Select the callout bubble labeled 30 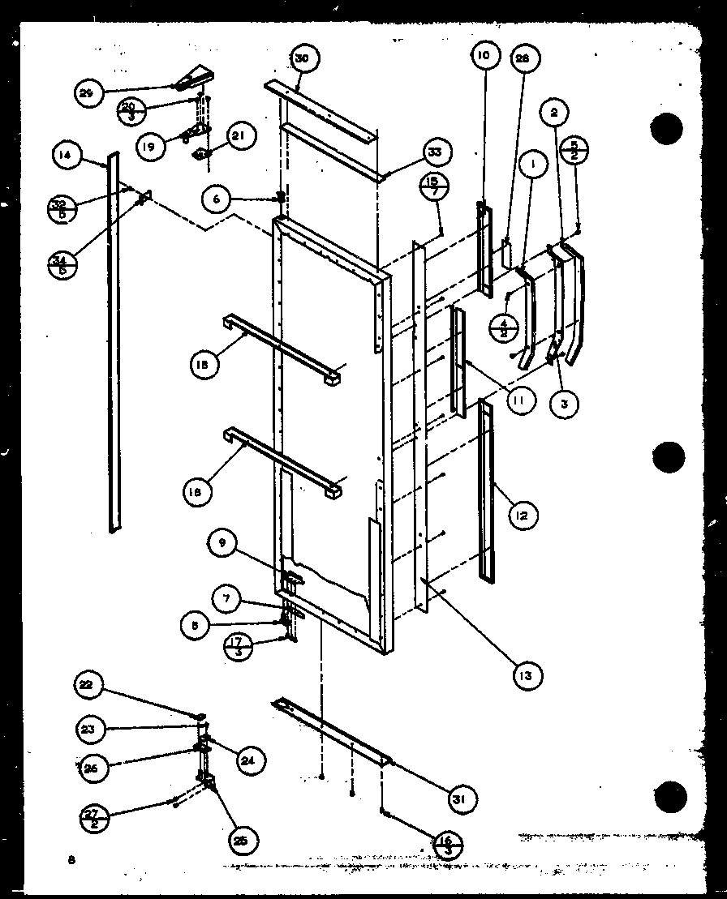tap(303, 58)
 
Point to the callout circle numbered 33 tap(436, 152)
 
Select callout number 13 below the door tap(527, 674)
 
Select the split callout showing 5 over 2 tap(574, 152)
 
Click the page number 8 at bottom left tap(71, 860)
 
